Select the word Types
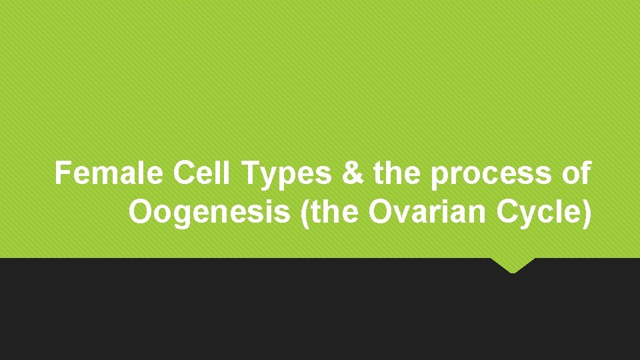[x=287, y=175]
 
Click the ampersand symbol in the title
[x=353, y=174]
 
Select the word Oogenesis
[x=211, y=213]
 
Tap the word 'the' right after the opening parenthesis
[x=335, y=213]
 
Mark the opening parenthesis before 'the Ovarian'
[x=307, y=213]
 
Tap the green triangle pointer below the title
[x=513, y=265]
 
